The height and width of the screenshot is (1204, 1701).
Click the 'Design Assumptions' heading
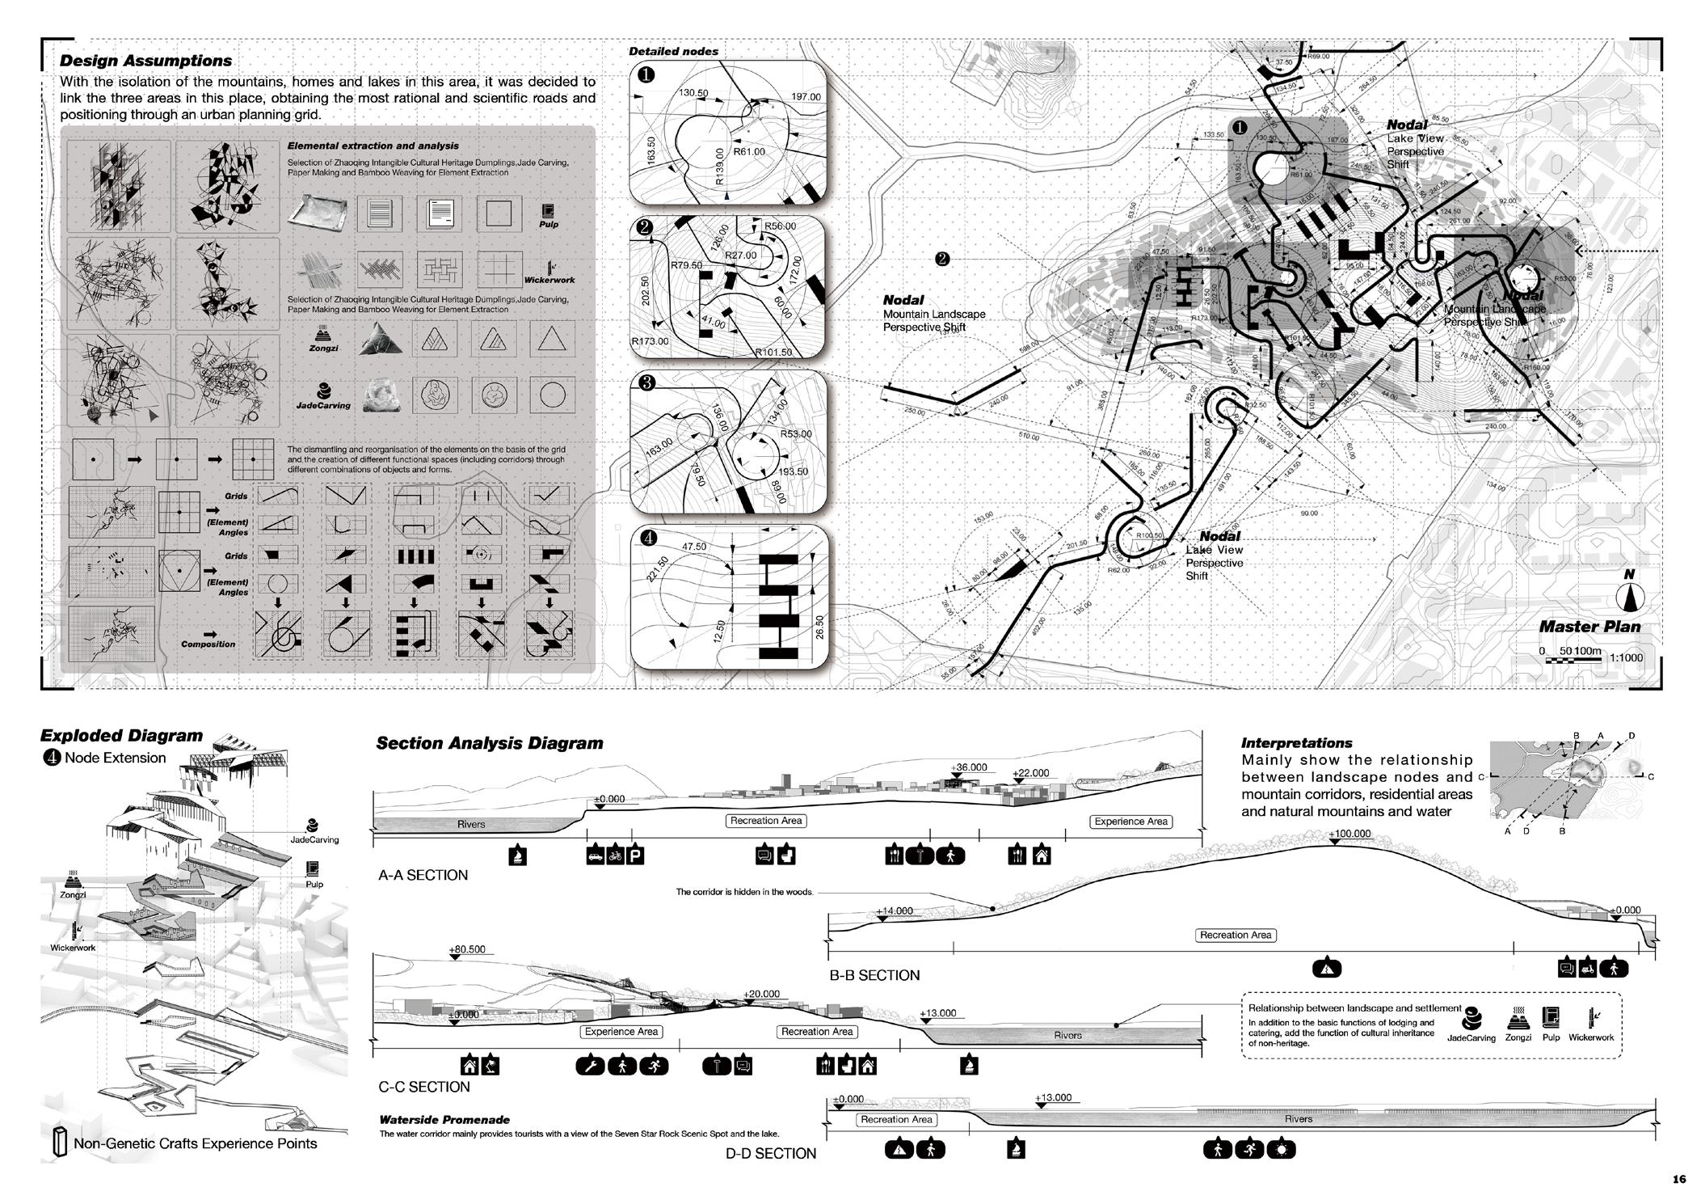coord(145,61)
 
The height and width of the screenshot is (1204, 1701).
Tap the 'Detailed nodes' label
coord(673,51)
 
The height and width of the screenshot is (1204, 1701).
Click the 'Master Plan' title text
coord(1589,626)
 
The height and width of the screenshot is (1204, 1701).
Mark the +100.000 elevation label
coord(1350,834)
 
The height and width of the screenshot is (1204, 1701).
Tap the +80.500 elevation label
coord(467,949)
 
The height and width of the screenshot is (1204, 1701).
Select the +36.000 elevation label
coord(969,767)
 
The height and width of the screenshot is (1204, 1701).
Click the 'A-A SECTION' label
coord(423,875)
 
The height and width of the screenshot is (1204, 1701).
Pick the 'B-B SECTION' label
coord(874,975)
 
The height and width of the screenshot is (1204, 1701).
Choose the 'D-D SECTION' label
coord(770,1153)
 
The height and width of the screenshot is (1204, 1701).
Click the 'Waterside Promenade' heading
coord(444,1120)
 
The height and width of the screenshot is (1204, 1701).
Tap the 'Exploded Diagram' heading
coord(121,736)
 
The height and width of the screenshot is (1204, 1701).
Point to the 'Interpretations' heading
coord(1296,742)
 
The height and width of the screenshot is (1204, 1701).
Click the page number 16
coord(1679,1179)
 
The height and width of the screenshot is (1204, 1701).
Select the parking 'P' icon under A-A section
coord(636,855)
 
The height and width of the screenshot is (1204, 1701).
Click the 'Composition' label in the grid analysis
coord(208,644)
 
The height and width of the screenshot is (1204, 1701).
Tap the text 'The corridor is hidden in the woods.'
coord(744,892)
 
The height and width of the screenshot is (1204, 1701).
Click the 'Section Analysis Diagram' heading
coord(489,743)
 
